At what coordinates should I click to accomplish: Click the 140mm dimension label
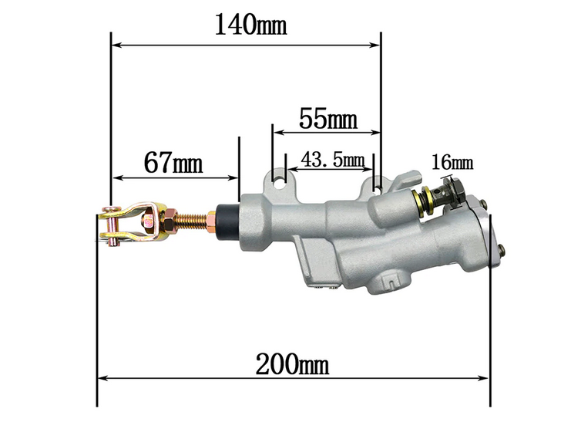(x=250, y=25)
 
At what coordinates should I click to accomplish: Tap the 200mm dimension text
(x=292, y=364)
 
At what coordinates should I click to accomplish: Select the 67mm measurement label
(x=173, y=162)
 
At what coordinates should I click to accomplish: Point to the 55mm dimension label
(x=328, y=118)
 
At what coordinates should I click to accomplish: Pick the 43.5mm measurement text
(x=332, y=160)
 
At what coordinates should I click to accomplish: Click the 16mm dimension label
(x=452, y=162)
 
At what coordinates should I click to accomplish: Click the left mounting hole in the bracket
(x=280, y=182)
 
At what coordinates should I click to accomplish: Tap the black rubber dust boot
(x=227, y=222)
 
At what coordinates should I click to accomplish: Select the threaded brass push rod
(x=192, y=221)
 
